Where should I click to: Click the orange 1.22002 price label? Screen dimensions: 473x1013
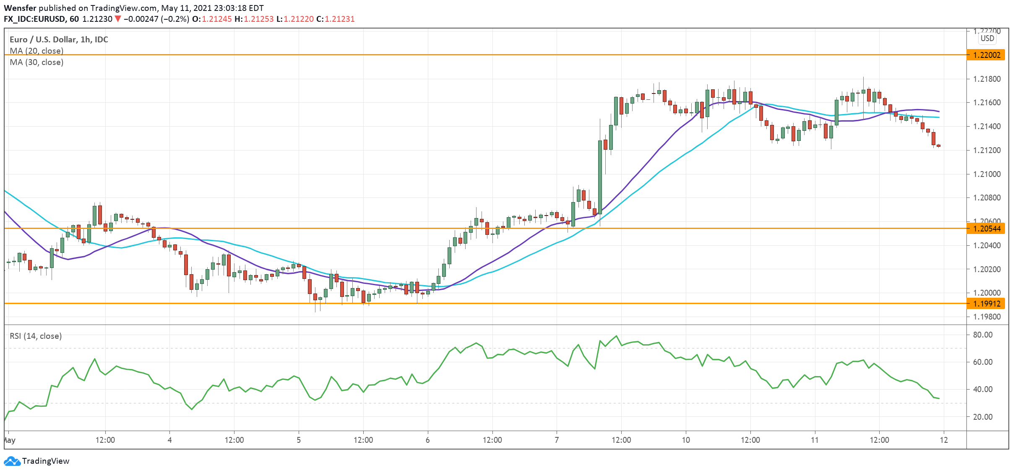(986, 55)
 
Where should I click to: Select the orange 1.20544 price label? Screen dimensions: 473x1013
(986, 229)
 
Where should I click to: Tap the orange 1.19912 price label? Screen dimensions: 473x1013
(986, 304)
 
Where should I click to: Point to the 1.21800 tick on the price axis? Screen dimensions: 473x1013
(987, 79)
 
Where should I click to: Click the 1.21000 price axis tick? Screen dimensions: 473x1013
(987, 174)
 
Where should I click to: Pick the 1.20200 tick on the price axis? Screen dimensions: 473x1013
(987, 269)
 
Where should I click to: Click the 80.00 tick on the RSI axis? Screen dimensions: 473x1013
(982, 335)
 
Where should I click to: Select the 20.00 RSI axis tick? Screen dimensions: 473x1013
(982, 417)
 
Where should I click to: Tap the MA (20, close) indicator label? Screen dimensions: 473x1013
(36, 51)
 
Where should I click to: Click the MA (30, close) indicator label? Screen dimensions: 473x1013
(36, 62)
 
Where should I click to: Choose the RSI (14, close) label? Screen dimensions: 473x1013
(36, 336)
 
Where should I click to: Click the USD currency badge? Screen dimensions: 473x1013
(987, 38)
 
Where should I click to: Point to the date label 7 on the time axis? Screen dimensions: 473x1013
(557, 440)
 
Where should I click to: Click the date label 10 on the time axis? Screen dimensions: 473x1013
(686, 440)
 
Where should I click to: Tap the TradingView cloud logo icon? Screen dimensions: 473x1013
(12, 461)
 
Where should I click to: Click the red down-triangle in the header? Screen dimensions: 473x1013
(118, 19)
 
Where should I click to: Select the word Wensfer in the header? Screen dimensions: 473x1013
(20, 8)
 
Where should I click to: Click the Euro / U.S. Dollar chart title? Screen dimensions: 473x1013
(59, 39)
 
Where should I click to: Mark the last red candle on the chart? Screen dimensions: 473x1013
(938, 146)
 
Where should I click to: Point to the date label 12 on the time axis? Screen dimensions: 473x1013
(944, 440)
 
